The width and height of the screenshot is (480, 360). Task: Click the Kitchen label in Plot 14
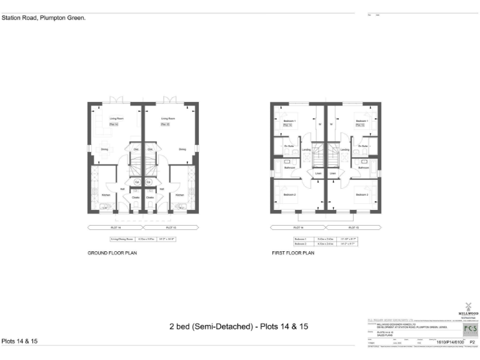pos(106,195)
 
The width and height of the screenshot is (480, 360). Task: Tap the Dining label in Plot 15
pos(182,149)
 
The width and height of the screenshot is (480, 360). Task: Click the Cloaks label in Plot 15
pos(150,197)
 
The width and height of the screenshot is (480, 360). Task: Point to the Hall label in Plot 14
pos(124,189)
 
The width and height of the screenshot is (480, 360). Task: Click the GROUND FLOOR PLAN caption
pos(112,253)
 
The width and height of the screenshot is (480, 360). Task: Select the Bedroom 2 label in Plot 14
pos(289,195)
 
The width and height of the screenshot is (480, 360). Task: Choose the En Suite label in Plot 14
pos(289,146)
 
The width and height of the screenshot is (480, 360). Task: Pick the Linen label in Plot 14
pos(317,173)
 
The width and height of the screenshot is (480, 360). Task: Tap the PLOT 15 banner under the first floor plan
pos(351,227)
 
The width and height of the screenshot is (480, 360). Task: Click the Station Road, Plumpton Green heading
pos(43,18)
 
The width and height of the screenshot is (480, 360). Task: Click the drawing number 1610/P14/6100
pos(445,342)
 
